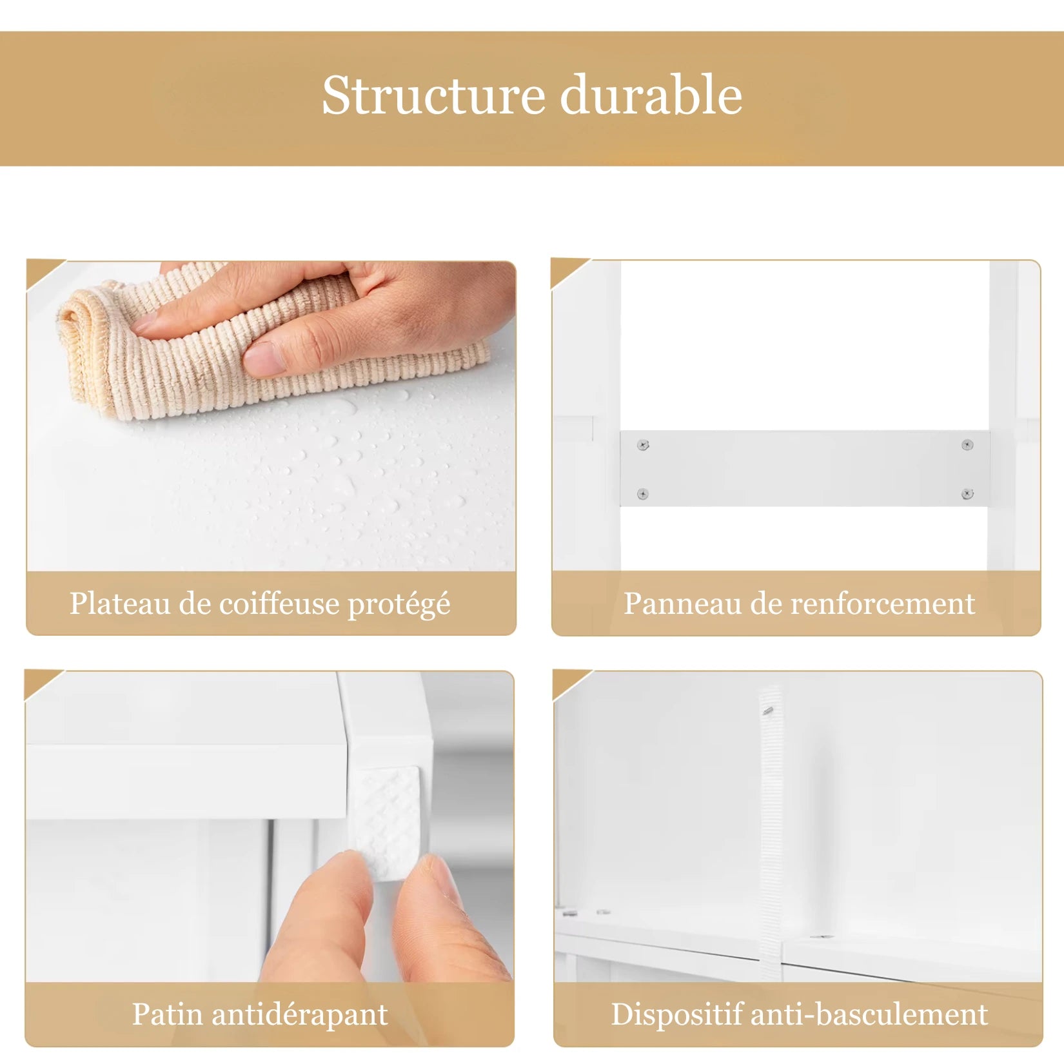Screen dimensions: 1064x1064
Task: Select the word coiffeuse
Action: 279,604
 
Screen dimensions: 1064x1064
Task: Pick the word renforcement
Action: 883,604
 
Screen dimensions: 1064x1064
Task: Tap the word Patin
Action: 168,1014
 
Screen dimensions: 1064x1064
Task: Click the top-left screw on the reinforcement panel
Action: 643,445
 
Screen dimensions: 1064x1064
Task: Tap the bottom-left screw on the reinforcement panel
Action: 642,494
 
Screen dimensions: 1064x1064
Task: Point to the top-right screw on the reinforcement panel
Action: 967,444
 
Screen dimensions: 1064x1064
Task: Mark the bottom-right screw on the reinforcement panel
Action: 967,494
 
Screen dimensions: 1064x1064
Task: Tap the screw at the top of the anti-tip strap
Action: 767,711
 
